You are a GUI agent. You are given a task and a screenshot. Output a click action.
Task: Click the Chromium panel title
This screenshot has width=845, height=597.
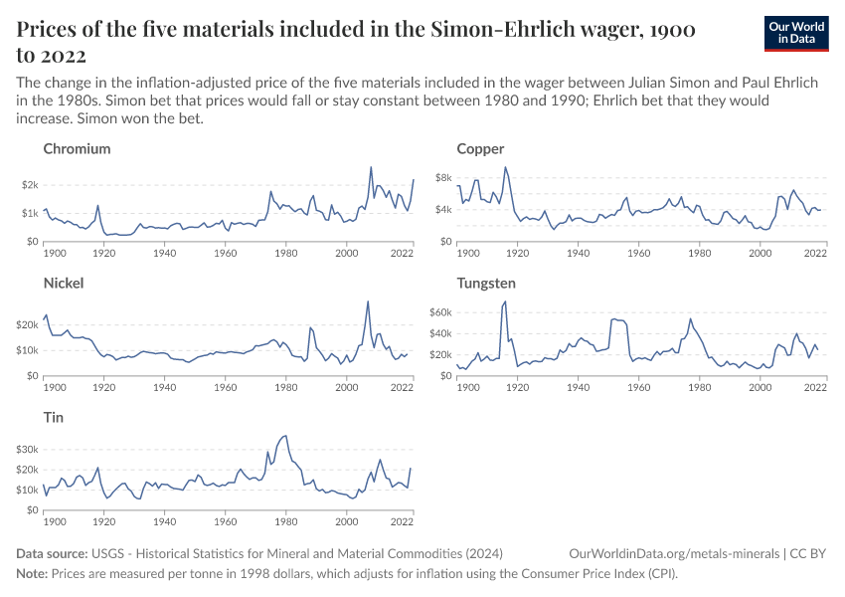coord(77,149)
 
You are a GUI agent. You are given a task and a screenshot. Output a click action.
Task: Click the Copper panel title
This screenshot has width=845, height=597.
coord(480,149)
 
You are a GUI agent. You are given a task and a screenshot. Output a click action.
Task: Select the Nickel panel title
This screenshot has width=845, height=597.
coord(64,284)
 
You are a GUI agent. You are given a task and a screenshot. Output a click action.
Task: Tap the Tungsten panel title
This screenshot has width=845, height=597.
coord(486,284)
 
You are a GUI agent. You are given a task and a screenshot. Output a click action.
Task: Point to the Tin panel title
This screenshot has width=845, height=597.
coord(54,418)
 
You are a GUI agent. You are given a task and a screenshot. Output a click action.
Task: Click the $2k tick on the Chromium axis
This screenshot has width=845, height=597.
coord(28,185)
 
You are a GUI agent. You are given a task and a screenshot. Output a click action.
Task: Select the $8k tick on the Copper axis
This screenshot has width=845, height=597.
coord(442,178)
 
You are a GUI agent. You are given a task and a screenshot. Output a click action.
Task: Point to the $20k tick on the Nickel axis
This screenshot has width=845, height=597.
coord(26,324)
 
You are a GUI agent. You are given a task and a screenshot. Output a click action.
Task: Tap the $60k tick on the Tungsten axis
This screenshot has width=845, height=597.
coord(439,312)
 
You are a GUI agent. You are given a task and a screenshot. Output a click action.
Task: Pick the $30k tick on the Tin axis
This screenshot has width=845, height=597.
coord(26,449)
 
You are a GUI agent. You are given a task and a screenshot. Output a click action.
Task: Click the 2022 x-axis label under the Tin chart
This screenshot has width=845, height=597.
coord(402,521)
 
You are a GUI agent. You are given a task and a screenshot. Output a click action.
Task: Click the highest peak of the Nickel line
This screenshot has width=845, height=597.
coord(368,300)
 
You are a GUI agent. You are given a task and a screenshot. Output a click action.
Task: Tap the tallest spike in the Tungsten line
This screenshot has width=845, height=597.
coord(506,300)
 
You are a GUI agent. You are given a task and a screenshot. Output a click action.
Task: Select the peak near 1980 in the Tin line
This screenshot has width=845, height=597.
coord(286,435)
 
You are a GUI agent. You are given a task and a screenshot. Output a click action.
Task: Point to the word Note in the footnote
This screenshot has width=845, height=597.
coord(33,574)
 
